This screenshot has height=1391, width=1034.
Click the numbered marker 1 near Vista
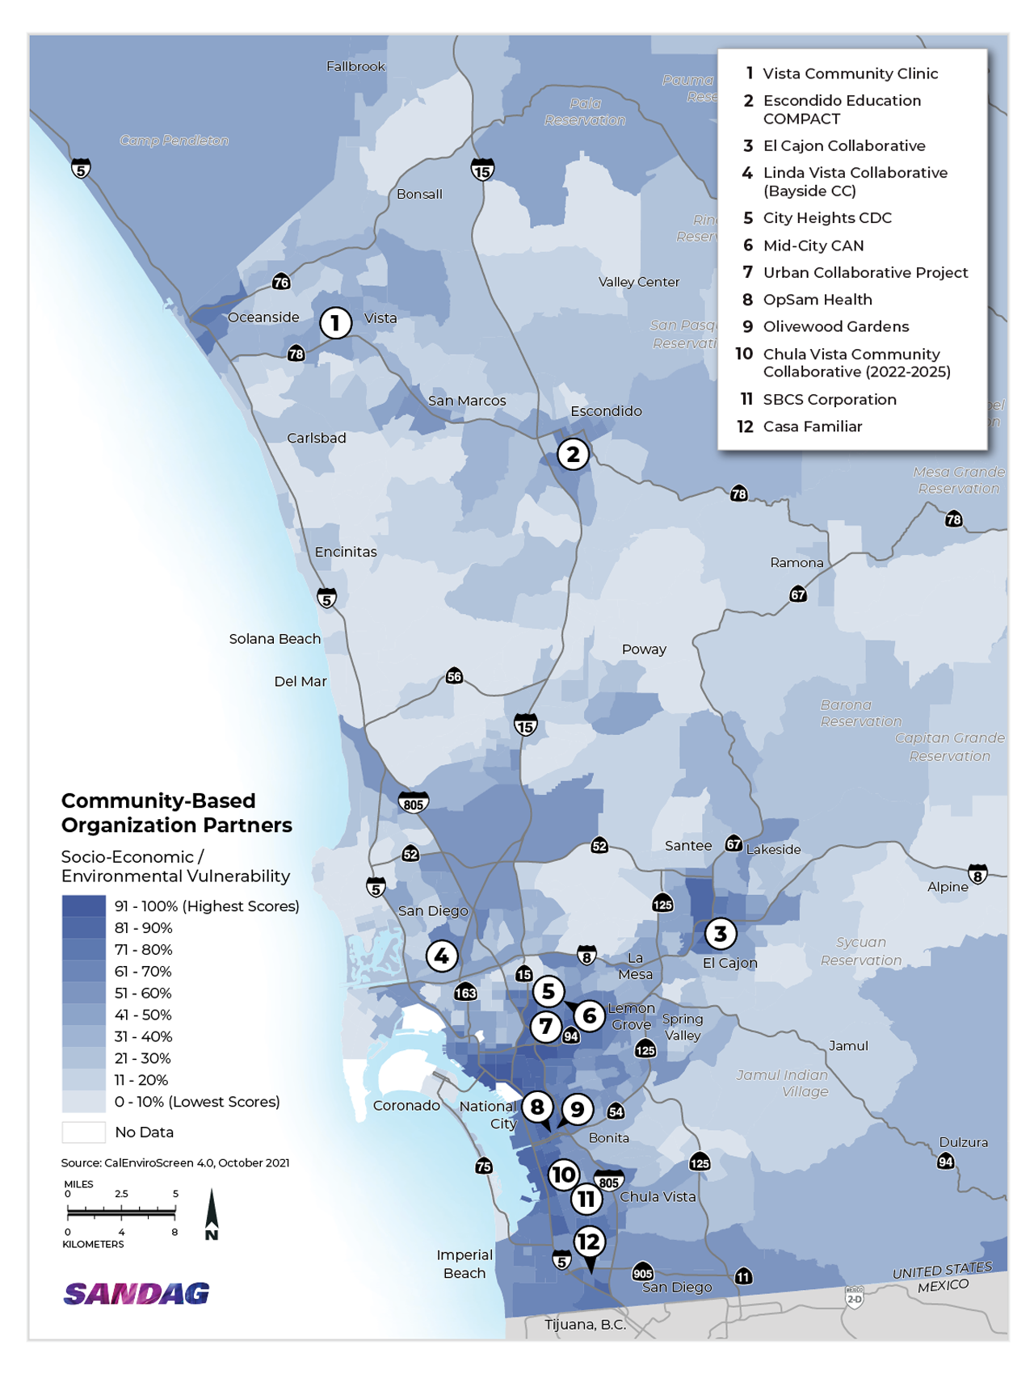(x=335, y=323)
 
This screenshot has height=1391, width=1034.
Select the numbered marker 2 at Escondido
(x=573, y=454)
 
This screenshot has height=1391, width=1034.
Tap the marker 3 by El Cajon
(x=720, y=934)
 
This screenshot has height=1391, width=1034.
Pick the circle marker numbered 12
(x=589, y=1242)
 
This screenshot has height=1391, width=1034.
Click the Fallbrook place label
(x=355, y=66)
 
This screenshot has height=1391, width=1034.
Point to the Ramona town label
(x=797, y=563)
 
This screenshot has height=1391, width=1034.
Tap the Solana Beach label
(x=275, y=639)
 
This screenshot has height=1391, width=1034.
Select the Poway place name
(x=644, y=649)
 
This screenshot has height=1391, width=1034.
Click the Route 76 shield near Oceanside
(x=281, y=282)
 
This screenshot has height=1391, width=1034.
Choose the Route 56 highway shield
(x=454, y=676)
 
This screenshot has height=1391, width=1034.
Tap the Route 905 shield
(x=642, y=1273)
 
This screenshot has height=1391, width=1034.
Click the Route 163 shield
(x=465, y=993)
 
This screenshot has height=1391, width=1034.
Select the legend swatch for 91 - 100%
(x=84, y=906)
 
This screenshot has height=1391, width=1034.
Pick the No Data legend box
(x=84, y=1133)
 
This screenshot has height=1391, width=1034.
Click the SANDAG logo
(x=137, y=1294)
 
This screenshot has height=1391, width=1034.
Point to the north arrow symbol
(x=212, y=1213)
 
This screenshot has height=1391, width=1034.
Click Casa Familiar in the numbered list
(x=812, y=427)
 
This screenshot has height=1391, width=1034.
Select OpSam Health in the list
(x=817, y=300)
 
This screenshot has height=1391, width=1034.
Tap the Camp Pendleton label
(x=174, y=141)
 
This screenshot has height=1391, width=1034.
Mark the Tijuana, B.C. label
(x=585, y=1325)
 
